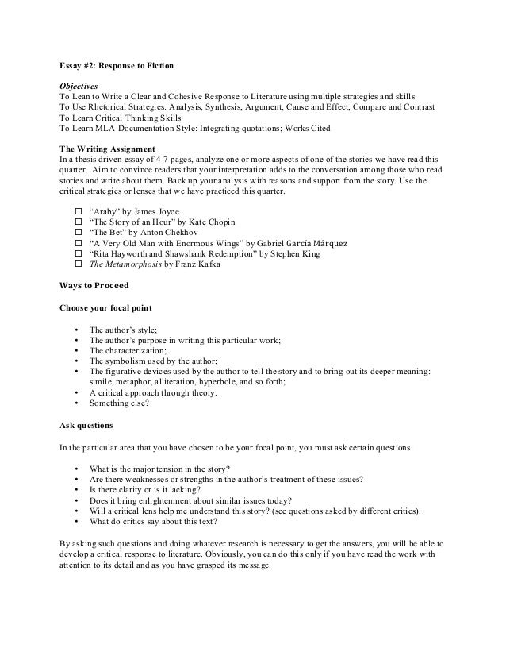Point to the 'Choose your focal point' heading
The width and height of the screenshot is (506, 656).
click(105, 307)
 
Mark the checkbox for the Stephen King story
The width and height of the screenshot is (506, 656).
click(78, 253)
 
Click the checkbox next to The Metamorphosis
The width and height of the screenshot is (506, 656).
click(78, 264)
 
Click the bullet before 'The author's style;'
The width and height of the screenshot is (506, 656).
click(76, 329)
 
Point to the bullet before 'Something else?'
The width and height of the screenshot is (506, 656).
click(76, 403)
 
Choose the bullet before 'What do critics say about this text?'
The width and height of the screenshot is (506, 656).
click(76, 521)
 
